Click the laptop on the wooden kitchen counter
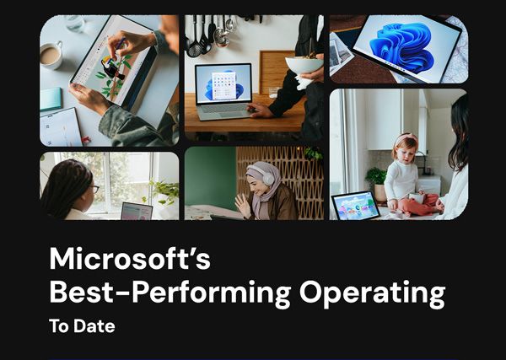click(x=223, y=91)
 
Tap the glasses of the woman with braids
click(x=94, y=188)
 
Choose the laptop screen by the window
click(x=135, y=211)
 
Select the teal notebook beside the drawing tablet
click(x=50, y=99)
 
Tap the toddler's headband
click(x=405, y=137)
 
